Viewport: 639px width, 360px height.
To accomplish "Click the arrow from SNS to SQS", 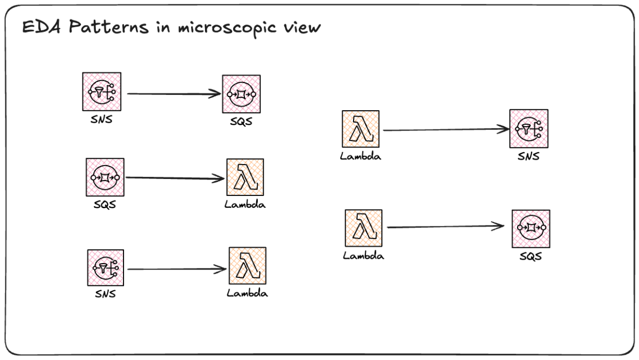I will tap(174, 94).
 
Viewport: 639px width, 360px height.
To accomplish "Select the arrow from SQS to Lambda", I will tap(174, 177).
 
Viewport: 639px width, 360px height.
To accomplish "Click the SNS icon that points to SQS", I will tap(102, 92).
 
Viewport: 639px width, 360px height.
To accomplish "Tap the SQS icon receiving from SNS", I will tap(241, 94).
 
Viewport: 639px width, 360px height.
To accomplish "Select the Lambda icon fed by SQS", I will tap(245, 177).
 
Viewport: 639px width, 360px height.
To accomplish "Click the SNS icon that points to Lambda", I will tap(105, 268).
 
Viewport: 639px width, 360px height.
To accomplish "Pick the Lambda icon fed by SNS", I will tap(248, 266).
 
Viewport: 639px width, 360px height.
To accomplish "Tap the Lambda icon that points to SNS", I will tap(361, 129).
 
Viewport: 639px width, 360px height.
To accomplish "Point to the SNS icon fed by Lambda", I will tap(529, 129).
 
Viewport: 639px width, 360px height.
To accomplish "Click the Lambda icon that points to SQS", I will tap(364, 228).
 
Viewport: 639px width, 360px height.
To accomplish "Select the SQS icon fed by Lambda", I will tap(531, 228).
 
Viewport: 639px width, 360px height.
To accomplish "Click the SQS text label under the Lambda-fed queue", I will tap(531, 256).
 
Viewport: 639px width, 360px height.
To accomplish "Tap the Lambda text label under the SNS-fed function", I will tap(247, 293).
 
